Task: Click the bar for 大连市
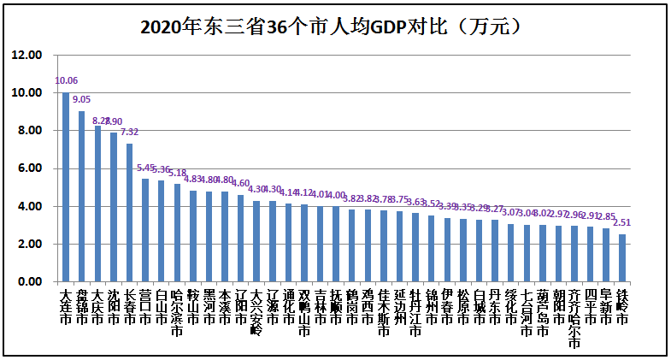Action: tap(66, 187)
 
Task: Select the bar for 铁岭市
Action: tap(621, 258)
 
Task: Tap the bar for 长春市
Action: tap(129, 213)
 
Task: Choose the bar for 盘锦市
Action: tap(81, 197)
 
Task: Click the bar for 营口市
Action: tap(145, 230)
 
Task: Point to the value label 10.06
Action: tap(66, 81)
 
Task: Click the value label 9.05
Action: tap(82, 100)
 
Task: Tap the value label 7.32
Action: tap(130, 133)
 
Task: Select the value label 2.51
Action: tap(622, 223)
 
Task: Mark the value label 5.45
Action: tap(146, 168)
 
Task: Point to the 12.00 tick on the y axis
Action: tap(26, 55)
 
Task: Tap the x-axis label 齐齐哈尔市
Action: tap(574, 319)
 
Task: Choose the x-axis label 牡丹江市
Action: tap(415, 313)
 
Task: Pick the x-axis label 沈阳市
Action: tap(113, 307)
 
